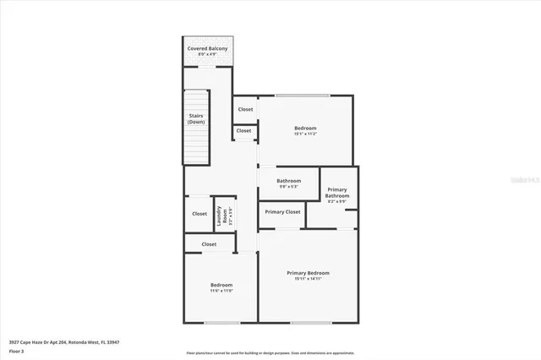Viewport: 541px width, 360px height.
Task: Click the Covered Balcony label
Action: click(207, 49)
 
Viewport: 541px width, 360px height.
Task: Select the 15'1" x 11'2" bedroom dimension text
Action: click(305, 134)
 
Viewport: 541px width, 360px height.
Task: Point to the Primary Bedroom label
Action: click(308, 273)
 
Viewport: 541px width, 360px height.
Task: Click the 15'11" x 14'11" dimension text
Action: click(308, 279)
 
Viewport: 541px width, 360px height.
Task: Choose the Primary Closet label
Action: click(282, 212)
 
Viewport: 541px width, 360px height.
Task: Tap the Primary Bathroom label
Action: click(337, 193)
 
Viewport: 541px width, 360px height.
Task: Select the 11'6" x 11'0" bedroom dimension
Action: click(221, 291)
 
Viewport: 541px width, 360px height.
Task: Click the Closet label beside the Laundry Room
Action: click(199, 214)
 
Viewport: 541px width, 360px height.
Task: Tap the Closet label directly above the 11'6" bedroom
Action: click(209, 244)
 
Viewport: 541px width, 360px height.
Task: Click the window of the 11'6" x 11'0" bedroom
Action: click(221, 322)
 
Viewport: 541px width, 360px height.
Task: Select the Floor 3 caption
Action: click(16, 350)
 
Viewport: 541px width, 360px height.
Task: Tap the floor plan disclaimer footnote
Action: click(270, 353)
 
